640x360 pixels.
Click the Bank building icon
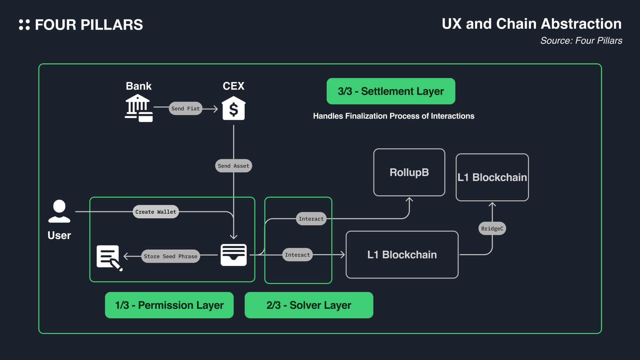pyautogui.click(x=138, y=108)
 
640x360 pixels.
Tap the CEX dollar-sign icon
pyautogui.click(x=234, y=108)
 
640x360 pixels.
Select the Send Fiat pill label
pyautogui.click(x=185, y=108)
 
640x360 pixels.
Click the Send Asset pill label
pyautogui.click(x=234, y=166)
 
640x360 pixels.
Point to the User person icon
pyautogui.click(x=59, y=211)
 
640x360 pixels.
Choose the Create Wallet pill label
pyautogui.click(x=156, y=212)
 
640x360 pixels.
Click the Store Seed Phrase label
pyautogui.click(x=170, y=256)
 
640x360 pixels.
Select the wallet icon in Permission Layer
pyautogui.click(x=234, y=255)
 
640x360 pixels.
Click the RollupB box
pyautogui.click(x=409, y=172)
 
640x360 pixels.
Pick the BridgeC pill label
pyautogui.click(x=492, y=228)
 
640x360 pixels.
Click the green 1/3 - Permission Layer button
pyautogui.click(x=169, y=305)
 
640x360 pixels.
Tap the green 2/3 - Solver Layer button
pyautogui.click(x=309, y=305)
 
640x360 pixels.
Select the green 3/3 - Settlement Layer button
pyautogui.click(x=391, y=91)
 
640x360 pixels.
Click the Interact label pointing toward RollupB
pyautogui.click(x=311, y=219)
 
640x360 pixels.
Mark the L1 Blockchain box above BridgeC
pyautogui.click(x=492, y=177)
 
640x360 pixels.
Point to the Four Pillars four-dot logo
pyautogui.click(x=24, y=25)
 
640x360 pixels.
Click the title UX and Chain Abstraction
pyautogui.click(x=531, y=24)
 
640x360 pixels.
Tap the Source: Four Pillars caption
pyautogui.click(x=581, y=41)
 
